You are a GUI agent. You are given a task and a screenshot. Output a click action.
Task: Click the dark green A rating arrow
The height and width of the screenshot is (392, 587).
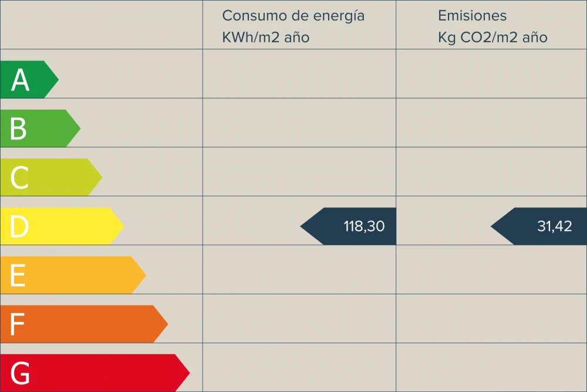click(29, 79)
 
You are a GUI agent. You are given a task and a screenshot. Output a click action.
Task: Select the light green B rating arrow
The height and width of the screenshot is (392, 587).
click(40, 128)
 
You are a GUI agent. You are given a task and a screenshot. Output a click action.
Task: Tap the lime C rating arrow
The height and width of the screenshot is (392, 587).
click(51, 177)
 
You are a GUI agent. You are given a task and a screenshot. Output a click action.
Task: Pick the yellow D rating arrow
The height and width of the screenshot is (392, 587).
click(62, 226)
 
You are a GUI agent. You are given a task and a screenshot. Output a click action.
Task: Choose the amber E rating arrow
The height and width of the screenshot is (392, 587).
click(73, 275)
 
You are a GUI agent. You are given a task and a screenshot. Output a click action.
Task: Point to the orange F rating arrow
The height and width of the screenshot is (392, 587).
click(84, 324)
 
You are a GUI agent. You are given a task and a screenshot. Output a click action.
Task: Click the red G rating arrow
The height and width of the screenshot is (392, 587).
click(95, 373)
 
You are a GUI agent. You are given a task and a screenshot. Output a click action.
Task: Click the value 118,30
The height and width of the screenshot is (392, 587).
click(364, 226)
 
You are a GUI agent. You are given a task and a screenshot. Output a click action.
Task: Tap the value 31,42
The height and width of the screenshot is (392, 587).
click(555, 226)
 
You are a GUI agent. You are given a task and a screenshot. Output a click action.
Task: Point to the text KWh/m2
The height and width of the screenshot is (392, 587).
click(251, 38)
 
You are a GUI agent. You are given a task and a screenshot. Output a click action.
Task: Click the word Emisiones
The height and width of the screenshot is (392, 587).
click(472, 16)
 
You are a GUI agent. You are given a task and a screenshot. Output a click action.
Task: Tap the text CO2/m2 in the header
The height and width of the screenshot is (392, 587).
click(490, 38)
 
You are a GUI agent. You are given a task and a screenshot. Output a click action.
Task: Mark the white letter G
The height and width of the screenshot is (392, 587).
click(20, 373)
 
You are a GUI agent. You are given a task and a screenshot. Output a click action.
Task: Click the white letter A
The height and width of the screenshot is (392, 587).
click(20, 80)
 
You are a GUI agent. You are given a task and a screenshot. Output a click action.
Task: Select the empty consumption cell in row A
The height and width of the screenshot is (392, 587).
click(299, 74)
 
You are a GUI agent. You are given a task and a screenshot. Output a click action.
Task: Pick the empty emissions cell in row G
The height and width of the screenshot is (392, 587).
click(491, 367)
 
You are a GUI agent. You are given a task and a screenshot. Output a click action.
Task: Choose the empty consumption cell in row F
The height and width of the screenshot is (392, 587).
click(299, 319)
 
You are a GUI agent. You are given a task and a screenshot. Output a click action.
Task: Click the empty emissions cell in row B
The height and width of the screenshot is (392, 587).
click(491, 123)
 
